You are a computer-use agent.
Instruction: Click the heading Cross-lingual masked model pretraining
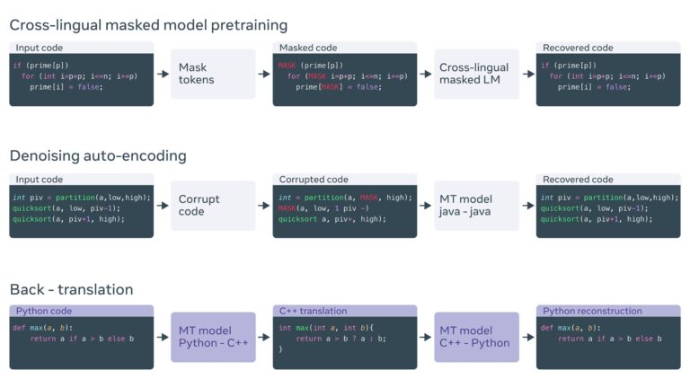148,24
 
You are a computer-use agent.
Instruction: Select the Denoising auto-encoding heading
98,155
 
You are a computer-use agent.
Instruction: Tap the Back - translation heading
71,289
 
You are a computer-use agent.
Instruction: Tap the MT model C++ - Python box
476,336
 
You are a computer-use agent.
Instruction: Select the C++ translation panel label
313,311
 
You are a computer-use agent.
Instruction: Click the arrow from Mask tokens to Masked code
264,74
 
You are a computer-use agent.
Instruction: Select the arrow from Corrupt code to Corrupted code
264,206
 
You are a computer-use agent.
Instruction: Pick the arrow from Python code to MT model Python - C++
162,337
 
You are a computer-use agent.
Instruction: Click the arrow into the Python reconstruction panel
527,337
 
